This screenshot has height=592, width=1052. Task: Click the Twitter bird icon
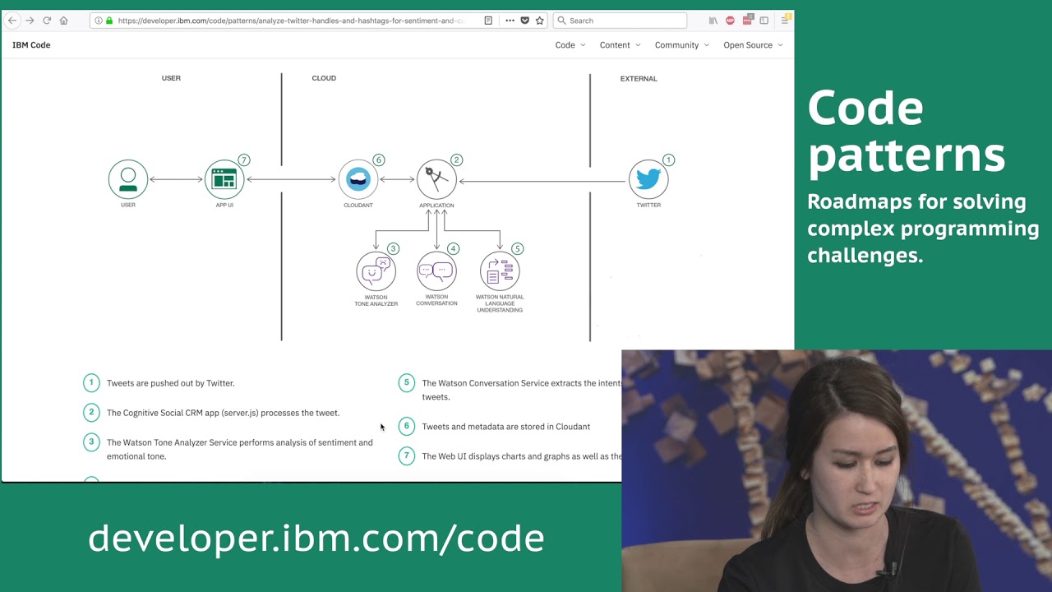click(648, 179)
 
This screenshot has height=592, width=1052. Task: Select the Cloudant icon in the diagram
click(358, 179)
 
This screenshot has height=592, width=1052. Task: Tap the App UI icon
click(224, 179)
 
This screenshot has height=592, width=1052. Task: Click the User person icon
click(128, 179)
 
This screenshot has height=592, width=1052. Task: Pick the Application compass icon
click(436, 179)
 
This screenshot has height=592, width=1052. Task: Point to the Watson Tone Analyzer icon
click(376, 271)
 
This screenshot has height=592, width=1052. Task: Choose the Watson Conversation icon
click(436, 271)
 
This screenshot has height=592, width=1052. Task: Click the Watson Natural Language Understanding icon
click(500, 271)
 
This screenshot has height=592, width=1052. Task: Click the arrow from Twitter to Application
click(542, 181)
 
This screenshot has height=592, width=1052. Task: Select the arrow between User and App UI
click(176, 179)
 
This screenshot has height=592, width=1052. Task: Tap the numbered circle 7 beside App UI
click(243, 160)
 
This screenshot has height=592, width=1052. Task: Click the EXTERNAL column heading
click(639, 79)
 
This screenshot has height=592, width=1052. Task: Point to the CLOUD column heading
click(324, 78)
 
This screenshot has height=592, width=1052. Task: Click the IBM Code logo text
click(31, 45)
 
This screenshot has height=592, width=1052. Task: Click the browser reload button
click(47, 21)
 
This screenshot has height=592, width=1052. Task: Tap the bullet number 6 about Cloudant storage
click(406, 426)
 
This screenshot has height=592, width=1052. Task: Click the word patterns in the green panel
click(906, 154)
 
